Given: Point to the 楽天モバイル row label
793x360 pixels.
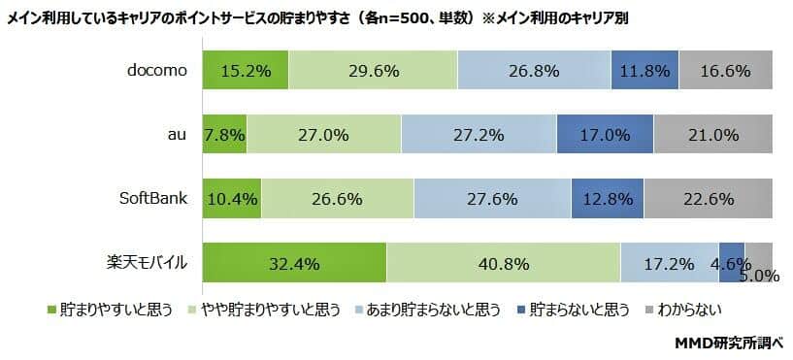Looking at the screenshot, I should coord(147,263).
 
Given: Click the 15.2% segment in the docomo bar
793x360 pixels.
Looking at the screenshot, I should coord(246,71).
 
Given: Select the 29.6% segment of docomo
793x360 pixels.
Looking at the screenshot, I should coord(373,71).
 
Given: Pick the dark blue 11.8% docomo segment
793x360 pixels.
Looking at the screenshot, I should coord(644,71).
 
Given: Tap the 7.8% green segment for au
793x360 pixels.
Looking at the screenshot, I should coord(224,135).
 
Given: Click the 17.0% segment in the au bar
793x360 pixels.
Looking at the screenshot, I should coord(606,135).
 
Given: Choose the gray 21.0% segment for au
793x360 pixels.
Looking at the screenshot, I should coord(713,135).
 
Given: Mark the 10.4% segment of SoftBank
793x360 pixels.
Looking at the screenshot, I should coord(232,199).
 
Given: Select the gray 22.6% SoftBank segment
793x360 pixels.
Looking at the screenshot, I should coord(709,199).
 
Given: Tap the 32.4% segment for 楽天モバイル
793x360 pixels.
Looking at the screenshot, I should coord(294,263).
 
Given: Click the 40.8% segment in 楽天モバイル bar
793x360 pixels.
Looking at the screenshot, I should coord(503,263).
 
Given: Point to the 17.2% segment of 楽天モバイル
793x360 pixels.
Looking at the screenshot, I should coord(669,263).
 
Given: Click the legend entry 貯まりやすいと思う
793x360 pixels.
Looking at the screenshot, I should coord(109,310).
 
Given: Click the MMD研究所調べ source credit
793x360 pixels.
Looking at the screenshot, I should coord(728,343).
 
